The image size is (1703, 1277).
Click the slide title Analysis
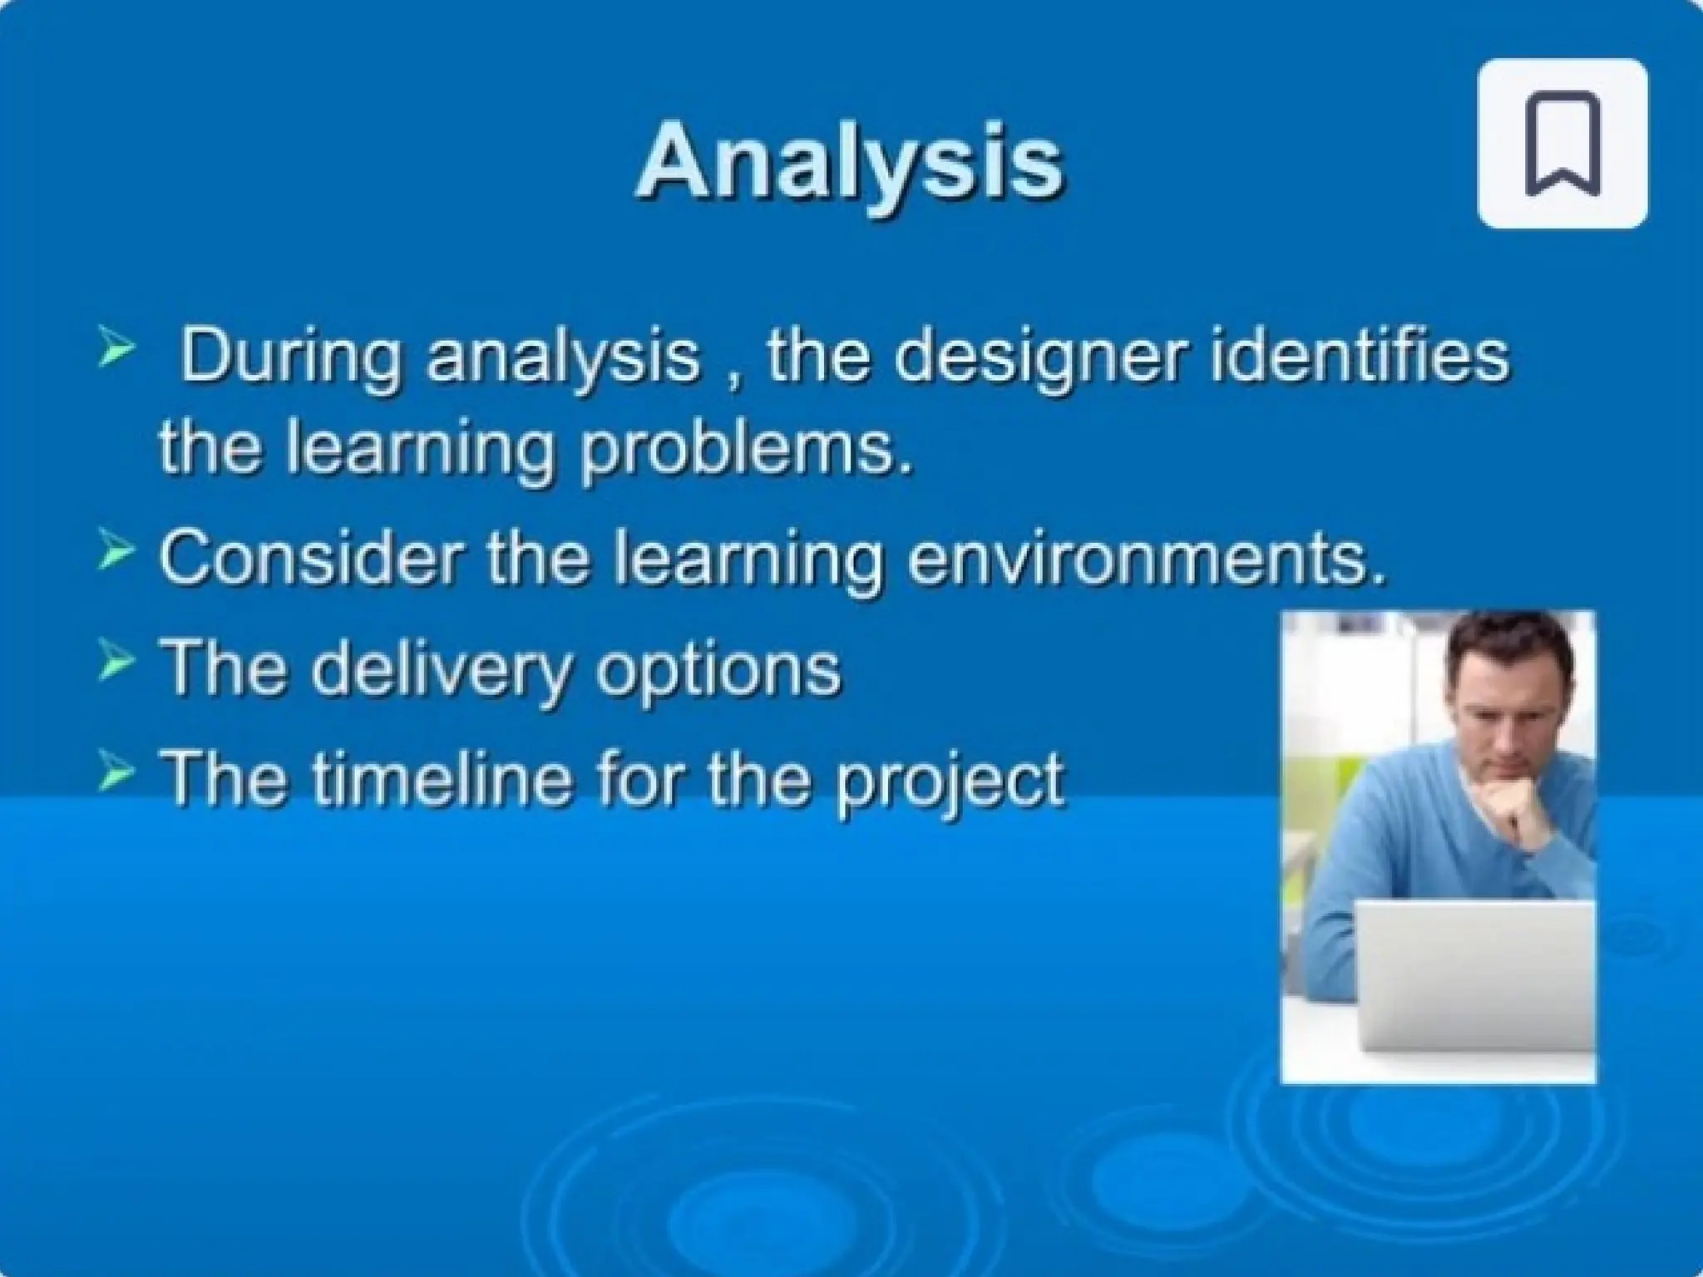click(x=850, y=162)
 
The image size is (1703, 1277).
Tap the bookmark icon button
click(x=1562, y=143)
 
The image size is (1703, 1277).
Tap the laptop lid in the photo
click(x=1475, y=976)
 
